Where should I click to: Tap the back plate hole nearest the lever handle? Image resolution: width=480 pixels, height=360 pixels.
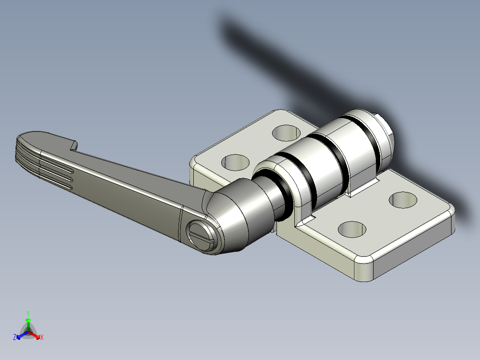click(235, 162)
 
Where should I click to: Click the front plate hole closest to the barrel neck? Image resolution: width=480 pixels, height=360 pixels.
click(352, 229)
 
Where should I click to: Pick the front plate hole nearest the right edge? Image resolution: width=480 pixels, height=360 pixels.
click(403, 199)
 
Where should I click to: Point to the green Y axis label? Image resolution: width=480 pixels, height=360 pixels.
click(28, 313)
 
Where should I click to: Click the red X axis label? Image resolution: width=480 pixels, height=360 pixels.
click(42, 338)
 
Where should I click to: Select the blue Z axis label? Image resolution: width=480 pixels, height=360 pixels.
click(15, 338)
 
